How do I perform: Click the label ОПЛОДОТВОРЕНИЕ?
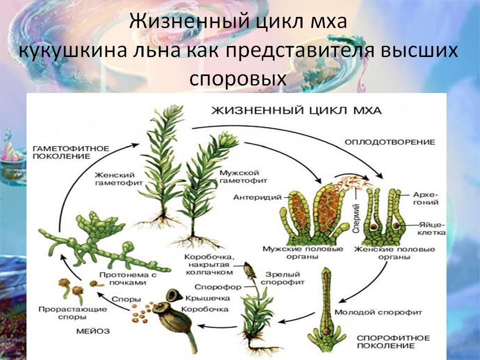[389, 142]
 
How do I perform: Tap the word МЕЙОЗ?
[93, 331]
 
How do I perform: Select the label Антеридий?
[257, 197]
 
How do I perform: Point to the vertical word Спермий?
[355, 218]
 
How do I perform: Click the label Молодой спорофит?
[378, 312]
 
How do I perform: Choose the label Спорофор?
[218, 287]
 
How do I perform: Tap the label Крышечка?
[207, 298]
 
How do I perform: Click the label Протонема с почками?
[128, 278]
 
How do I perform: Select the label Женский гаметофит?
[119, 179]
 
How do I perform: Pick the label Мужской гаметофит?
[243, 177]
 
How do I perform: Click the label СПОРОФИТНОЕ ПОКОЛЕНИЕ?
[393, 342]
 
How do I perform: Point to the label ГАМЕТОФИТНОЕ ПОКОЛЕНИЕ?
[70, 152]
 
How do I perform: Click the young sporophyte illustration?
[327, 309]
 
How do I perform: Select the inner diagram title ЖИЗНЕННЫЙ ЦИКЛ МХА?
[296, 110]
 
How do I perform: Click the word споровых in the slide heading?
[238, 78]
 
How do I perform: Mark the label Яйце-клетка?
[431, 228]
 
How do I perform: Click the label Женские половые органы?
[394, 253]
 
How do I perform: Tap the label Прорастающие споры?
[73, 313]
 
